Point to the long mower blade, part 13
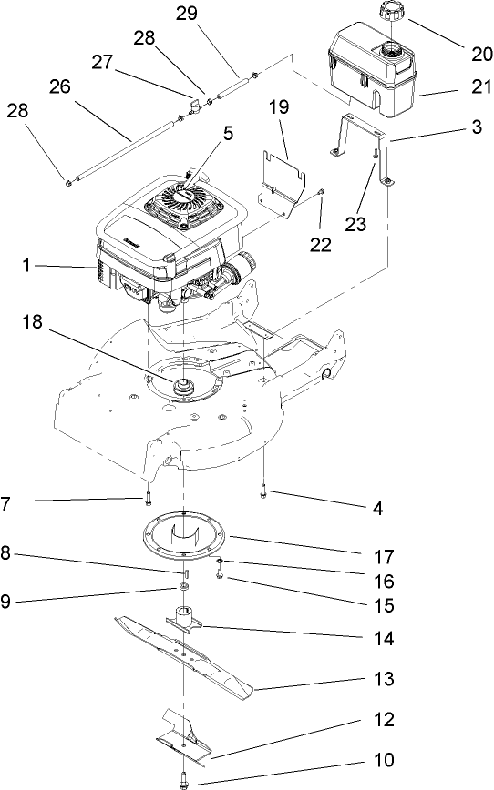[x=182, y=650]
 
